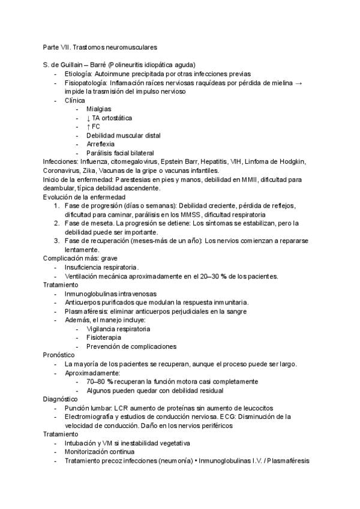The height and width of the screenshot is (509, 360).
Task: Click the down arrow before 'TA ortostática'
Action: pyautogui.click(x=88, y=118)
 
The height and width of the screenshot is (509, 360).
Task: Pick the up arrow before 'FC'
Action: pyautogui.click(x=88, y=127)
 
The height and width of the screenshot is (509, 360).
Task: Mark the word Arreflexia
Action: pyautogui.click(x=101, y=144)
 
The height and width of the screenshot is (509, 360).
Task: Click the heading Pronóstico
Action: pyautogui.click(x=59, y=355)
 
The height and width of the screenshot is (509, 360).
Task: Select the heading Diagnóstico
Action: pyautogui.click(x=60, y=399)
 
